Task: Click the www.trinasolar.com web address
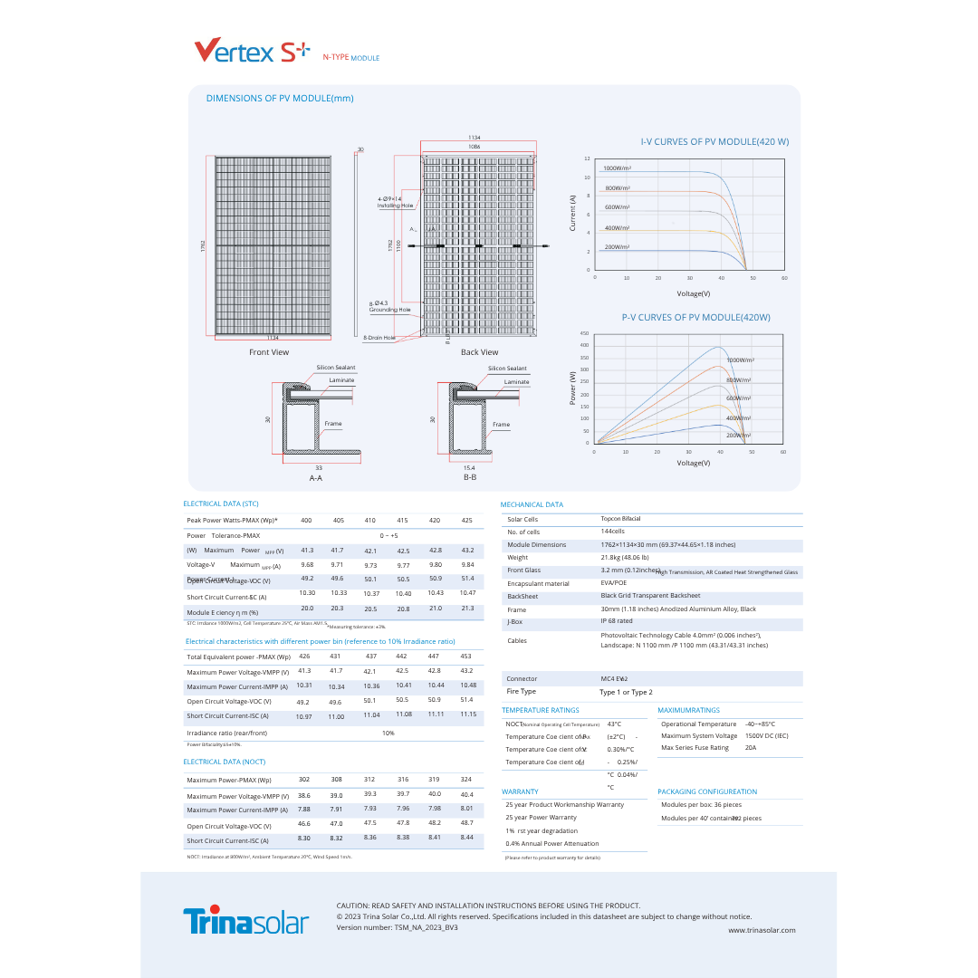point(762,930)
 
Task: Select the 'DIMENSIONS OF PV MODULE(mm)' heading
point(280,98)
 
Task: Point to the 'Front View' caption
point(269,352)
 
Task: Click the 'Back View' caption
point(479,352)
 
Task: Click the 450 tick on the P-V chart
point(584,333)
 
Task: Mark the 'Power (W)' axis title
point(572,388)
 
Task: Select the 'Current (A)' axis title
point(572,213)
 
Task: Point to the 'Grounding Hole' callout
point(390,310)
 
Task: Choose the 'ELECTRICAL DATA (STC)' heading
point(221,503)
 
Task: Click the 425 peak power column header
point(467,520)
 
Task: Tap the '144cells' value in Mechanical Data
point(613,531)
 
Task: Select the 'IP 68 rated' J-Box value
point(617,621)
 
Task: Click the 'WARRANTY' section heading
point(520,791)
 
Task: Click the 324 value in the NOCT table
point(466,779)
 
